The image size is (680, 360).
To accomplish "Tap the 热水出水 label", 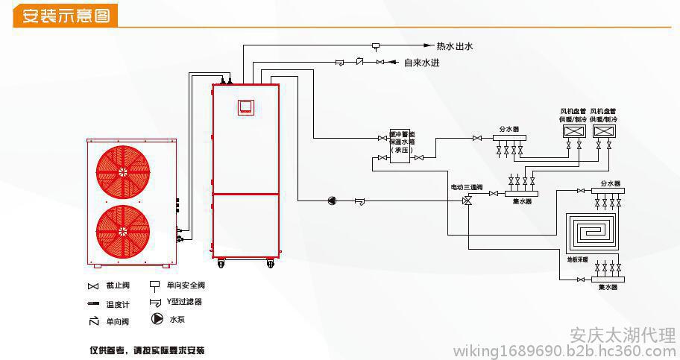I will coord(455,46).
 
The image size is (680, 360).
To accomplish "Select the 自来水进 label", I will coord(422,63).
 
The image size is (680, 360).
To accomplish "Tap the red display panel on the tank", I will coord(245,107).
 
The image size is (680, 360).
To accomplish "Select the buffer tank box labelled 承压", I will coord(403,142).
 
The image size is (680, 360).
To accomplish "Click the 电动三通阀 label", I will coord(466,187).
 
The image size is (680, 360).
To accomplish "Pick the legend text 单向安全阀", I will coord(186,285).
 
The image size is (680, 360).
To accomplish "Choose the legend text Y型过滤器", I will coord(184,302).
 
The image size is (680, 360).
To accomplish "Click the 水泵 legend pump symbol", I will coord(157,319).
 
